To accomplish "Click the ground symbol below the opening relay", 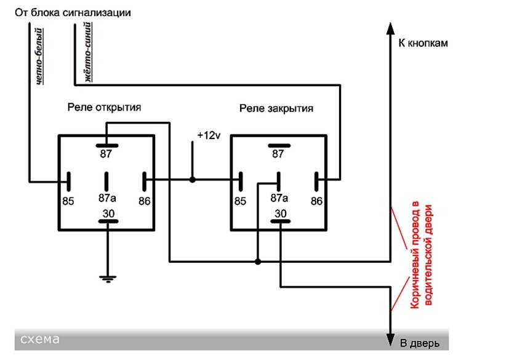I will click(x=108, y=279).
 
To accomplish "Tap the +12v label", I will click(x=209, y=135).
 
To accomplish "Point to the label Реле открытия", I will click(x=104, y=107).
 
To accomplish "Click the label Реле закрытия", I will click(x=276, y=109).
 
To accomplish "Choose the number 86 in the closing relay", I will click(x=317, y=201).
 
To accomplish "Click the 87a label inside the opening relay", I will click(x=108, y=198).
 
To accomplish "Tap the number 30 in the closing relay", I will click(x=281, y=214).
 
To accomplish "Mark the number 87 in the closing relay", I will click(x=278, y=154).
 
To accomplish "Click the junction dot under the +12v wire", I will click(x=192, y=180).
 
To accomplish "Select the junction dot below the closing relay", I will click(x=258, y=262).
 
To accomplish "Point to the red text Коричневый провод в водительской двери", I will click(x=423, y=255).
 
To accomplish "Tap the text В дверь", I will click(x=420, y=342).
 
